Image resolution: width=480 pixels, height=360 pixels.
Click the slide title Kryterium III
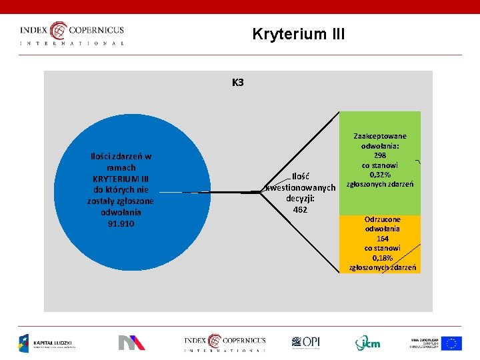tap(299, 34)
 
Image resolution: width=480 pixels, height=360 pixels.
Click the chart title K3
tap(238, 83)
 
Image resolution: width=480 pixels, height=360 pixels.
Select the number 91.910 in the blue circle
tap(121, 224)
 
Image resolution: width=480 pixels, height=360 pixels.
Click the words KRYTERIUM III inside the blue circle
tap(121, 179)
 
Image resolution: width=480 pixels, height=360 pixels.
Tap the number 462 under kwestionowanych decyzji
tap(300, 210)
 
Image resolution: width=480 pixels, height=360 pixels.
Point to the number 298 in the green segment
tap(379, 155)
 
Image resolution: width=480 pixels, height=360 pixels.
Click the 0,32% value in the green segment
tap(380, 175)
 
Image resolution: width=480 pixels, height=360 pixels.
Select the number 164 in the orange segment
tap(383, 239)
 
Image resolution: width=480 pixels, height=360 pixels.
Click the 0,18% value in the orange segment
tap(383, 257)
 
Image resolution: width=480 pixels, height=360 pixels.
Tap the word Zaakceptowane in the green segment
tap(380, 136)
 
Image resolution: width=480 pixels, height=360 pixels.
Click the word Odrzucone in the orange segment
tap(383, 219)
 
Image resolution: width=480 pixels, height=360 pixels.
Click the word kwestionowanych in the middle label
tap(301, 188)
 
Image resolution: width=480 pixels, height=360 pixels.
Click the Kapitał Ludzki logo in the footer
tap(47, 343)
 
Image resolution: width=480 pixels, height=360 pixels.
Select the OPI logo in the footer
tap(306, 343)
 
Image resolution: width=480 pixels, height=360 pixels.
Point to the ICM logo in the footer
tap(367, 343)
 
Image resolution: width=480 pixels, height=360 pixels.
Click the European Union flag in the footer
tap(451, 343)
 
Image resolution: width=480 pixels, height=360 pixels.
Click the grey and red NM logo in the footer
tap(131, 343)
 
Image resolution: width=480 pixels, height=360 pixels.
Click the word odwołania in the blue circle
tap(121, 213)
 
